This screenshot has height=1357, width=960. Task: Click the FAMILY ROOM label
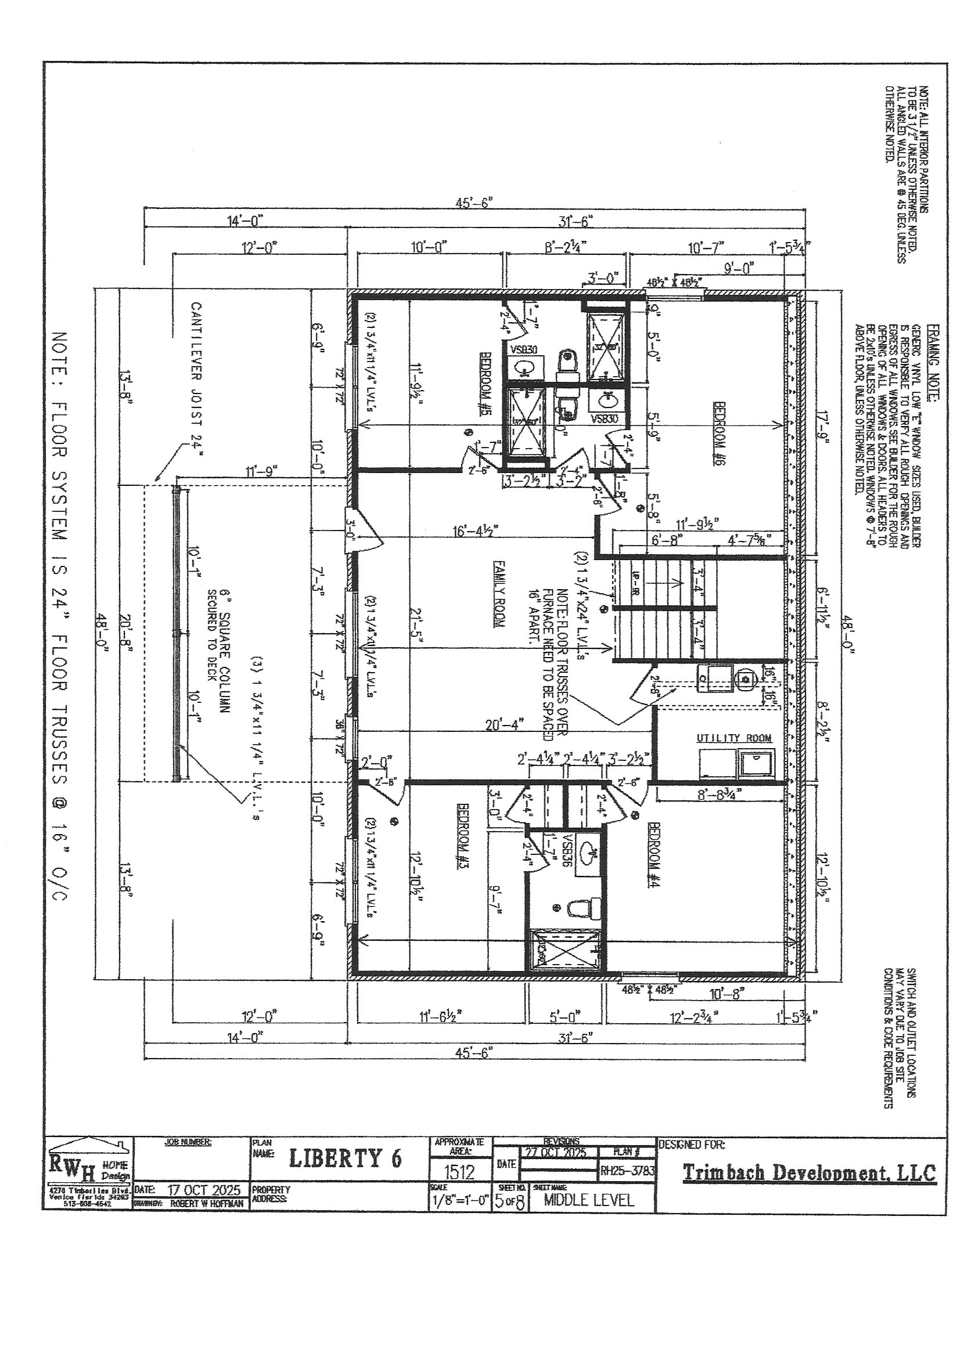point(498,593)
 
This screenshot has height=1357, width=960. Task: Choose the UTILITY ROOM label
point(734,738)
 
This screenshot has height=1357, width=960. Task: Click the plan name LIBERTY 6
point(345,1159)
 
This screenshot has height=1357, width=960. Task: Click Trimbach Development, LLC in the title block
point(809,1172)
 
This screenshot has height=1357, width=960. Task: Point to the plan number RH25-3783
point(627,1170)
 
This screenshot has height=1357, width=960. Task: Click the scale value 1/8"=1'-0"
point(459,1200)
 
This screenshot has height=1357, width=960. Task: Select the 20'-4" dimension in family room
point(505,724)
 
